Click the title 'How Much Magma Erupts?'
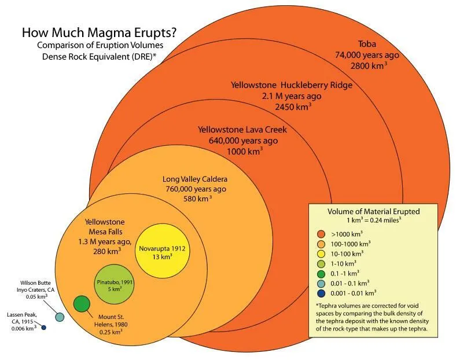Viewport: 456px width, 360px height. [x=99, y=32]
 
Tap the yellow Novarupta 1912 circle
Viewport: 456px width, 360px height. [x=163, y=254]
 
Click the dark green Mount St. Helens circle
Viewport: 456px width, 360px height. [x=82, y=303]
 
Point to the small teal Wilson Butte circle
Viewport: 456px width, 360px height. [x=59, y=317]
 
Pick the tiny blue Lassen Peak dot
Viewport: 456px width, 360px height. [x=43, y=328]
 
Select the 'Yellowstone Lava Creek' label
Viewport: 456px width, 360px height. [x=242, y=129]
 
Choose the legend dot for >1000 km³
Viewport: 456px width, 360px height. [x=320, y=234]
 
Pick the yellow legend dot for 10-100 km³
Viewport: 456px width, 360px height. [x=320, y=254]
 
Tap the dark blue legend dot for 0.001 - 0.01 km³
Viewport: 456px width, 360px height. [x=320, y=293]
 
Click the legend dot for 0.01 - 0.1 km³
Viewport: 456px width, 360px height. [x=320, y=283]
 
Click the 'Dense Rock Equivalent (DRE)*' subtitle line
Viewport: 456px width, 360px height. [x=99, y=57]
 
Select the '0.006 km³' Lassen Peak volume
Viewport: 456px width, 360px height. [x=23, y=329]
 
